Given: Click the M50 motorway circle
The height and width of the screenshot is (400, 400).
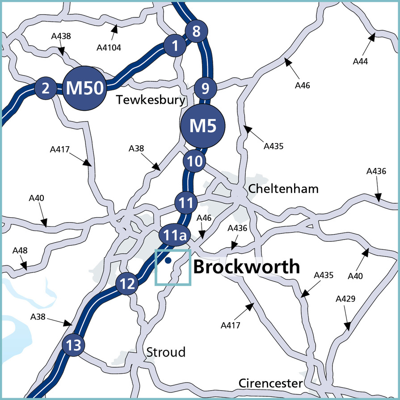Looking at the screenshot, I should coord(84,88).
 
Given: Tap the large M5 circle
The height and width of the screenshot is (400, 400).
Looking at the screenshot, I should coord(203,126).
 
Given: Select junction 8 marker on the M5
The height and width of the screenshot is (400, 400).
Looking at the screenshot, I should coord(196,32).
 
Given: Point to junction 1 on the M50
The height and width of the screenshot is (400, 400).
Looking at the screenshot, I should coord(175,46).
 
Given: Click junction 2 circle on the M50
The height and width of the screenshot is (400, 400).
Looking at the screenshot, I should coord(45,88).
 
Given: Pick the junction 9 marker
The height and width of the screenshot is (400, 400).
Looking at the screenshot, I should coord(205,88).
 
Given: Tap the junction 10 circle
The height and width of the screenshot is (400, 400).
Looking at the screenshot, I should coord(194,162).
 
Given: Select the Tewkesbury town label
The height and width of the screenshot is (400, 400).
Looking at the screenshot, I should coord(150,100).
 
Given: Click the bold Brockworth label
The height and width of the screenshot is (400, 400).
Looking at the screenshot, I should coord(246,267).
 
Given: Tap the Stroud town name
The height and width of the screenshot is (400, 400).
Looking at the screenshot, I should coord(166,352).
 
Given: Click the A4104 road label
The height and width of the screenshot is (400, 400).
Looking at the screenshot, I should coord(109,46).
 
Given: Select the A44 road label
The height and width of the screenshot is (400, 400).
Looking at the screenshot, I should coord(360,61).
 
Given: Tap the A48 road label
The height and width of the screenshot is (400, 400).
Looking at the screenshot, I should coord(20,251).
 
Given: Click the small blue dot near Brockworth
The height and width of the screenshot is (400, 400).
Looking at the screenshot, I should coord(168,260).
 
